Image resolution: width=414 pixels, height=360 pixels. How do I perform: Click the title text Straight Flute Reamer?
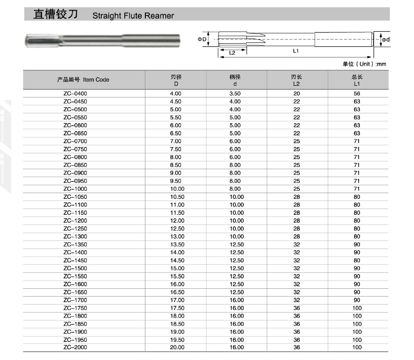133,16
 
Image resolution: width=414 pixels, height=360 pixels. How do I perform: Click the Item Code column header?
83,80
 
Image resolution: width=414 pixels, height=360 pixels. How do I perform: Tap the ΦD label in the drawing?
202,40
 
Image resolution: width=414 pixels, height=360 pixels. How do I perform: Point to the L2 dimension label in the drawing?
232,52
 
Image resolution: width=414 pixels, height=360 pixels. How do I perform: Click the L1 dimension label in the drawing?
296,51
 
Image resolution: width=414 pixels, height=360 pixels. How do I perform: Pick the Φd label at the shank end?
385,40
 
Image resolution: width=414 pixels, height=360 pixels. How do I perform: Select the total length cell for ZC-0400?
357,93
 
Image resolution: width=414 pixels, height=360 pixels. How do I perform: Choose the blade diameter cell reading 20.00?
176,348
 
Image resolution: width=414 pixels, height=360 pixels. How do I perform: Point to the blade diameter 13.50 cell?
176,245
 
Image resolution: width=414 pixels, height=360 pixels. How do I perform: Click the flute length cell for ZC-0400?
296,93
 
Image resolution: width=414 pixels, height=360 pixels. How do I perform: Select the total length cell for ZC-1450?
357,260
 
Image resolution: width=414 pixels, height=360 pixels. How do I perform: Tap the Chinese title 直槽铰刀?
55,14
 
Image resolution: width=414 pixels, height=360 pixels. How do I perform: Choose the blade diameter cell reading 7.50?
176,149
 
